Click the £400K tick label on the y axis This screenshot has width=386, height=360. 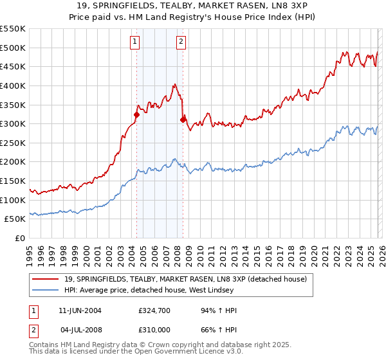click(12, 85)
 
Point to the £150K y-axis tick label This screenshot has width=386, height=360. click(12, 181)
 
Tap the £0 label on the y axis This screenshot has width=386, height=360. click(19, 239)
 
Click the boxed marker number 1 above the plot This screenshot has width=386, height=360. click(135, 42)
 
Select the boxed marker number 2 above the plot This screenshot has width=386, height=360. click(181, 42)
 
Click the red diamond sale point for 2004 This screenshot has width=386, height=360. click(136, 114)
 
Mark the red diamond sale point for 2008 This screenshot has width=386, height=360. click(183, 120)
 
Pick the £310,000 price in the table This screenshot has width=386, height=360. click(154, 329)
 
